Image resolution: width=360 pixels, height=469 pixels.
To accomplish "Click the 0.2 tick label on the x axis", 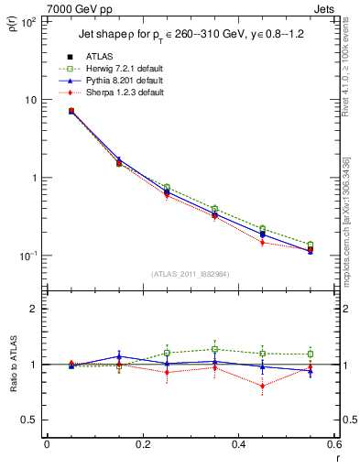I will tap(142, 444).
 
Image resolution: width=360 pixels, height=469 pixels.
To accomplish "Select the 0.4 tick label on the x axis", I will tap(237, 444).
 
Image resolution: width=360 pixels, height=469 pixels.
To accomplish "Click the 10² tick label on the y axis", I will tap(27, 22).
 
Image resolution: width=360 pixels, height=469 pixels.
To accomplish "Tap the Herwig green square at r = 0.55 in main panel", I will tap(310, 245).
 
